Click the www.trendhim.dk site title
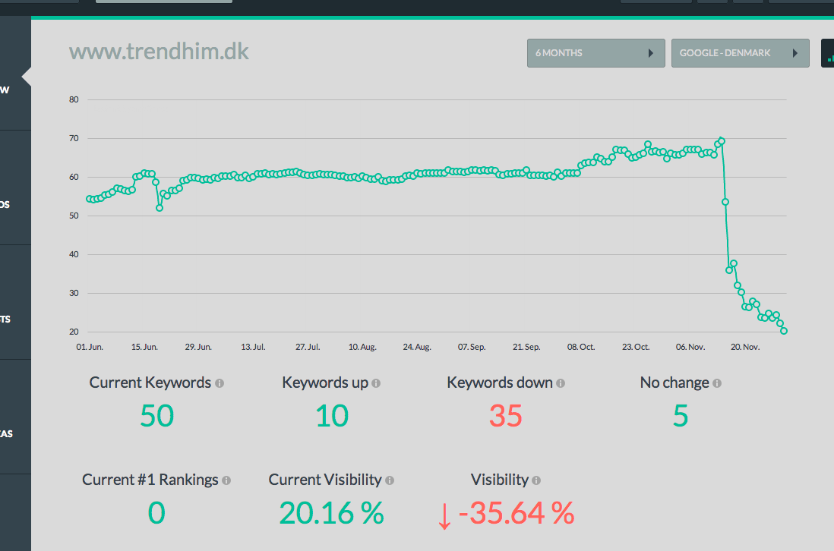(x=159, y=52)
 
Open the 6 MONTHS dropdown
(x=595, y=53)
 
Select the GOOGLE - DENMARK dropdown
(x=740, y=53)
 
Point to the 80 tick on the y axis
(x=74, y=99)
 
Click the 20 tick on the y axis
(x=74, y=332)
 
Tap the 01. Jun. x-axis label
(x=90, y=347)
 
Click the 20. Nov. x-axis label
(x=745, y=347)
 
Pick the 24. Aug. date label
(x=417, y=347)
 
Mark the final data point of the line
(x=784, y=331)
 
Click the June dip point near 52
(x=159, y=208)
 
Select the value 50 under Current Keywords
(x=156, y=415)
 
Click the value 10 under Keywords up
(x=332, y=415)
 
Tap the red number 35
(x=506, y=415)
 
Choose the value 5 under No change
(x=681, y=415)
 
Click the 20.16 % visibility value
(x=331, y=513)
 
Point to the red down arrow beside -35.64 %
(x=444, y=516)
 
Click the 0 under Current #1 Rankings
(x=156, y=513)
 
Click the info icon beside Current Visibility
(x=390, y=480)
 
